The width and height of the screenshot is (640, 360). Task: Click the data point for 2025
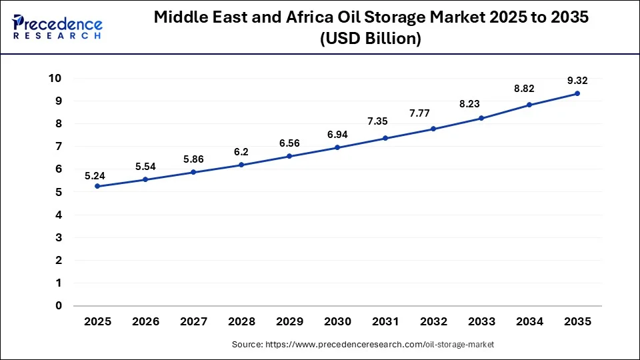97,186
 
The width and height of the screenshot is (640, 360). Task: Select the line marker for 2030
337,147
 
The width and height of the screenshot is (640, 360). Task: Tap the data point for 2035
577,93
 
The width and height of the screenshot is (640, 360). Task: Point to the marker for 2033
481,118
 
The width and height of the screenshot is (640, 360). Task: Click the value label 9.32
577,80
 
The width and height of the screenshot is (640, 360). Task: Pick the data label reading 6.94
337,135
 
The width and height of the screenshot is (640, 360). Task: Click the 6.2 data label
241,151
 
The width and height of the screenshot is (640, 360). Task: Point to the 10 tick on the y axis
55,78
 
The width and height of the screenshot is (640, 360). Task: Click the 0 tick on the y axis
58,305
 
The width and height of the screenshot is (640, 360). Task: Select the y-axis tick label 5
58,192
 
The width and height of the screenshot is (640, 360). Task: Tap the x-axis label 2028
241,321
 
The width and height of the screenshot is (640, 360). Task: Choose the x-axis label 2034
529,321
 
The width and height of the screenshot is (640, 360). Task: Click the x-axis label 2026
145,321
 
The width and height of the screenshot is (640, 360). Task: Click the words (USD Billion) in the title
371,39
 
